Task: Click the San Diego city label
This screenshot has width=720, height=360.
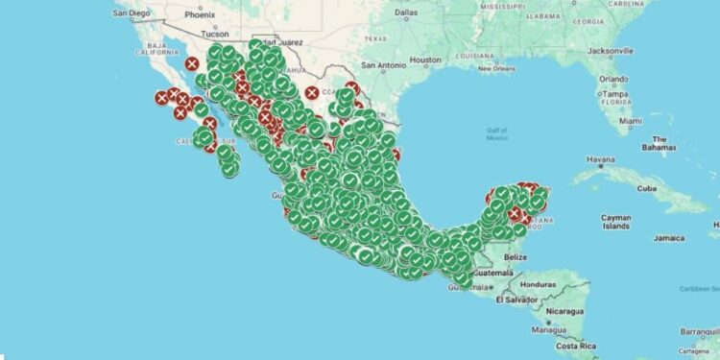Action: click(132, 13)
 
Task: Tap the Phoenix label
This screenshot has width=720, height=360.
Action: click(201, 15)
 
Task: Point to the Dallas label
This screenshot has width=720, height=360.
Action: click(406, 13)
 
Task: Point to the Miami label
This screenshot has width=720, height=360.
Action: click(630, 121)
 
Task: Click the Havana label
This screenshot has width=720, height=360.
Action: click(573, 158)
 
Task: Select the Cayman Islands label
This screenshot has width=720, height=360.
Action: click(615, 223)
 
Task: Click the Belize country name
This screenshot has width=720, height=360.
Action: click(516, 257)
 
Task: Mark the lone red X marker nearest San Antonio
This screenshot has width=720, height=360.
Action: click(312, 93)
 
